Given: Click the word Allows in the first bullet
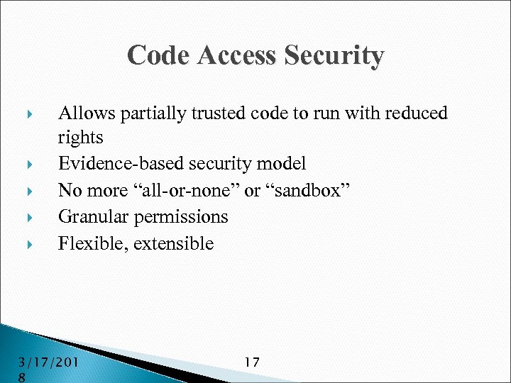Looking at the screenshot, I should coord(86,113).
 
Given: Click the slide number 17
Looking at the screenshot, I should coord(251,362).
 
